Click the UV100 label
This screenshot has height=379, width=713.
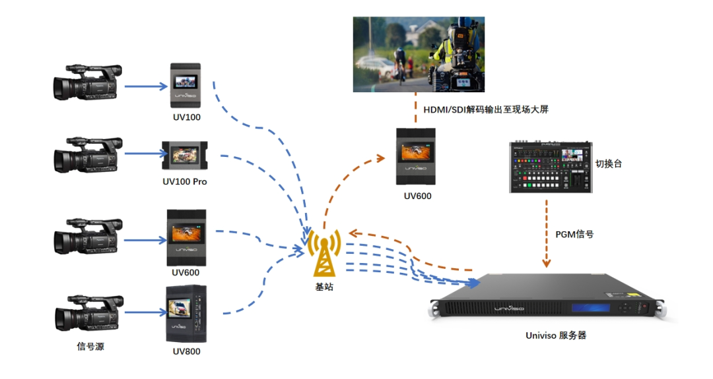point(185,118)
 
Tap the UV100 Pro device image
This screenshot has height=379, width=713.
point(184,156)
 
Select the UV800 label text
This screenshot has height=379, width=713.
point(185,351)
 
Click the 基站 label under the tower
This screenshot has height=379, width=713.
point(325,287)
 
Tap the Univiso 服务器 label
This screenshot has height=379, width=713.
point(556,335)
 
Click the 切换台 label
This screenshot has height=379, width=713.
point(609,164)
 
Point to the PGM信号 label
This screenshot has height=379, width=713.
point(574,233)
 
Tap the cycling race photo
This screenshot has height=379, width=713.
point(419,55)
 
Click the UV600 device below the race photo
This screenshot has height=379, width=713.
point(416,157)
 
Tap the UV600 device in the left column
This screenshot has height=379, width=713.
point(186,237)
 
